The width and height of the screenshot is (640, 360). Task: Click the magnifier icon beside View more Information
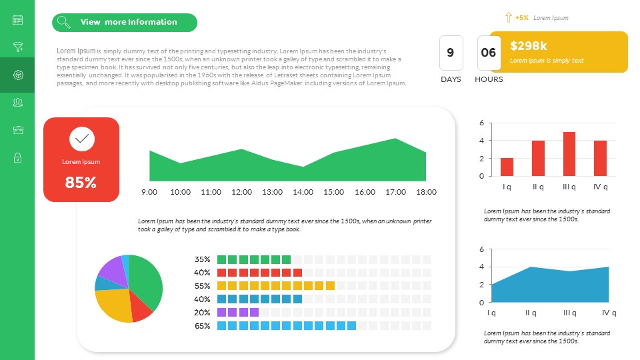tap(64, 23)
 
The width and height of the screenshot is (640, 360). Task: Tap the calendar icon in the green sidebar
tap(18, 20)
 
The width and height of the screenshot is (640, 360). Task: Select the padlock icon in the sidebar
tap(18, 157)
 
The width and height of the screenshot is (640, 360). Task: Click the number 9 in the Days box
tap(451, 53)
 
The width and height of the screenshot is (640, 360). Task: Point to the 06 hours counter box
tap(489, 53)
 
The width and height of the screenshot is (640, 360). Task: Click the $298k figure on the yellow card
tap(529, 46)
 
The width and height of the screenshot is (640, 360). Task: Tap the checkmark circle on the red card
tap(81, 139)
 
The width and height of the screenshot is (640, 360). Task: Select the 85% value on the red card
tap(81, 183)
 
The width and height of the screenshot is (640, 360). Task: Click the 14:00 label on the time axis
tap(303, 192)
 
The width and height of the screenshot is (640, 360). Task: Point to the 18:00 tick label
tap(426, 192)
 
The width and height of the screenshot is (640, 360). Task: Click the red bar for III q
tap(569, 154)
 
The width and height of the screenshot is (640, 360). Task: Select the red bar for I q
tap(507, 167)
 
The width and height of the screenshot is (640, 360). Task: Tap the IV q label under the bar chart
tap(600, 187)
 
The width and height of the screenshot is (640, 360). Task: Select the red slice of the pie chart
tap(141, 307)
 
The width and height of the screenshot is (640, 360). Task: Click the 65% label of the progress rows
tap(203, 326)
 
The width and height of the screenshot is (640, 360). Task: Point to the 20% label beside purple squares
tap(203, 313)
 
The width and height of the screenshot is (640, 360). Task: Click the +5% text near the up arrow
tap(522, 18)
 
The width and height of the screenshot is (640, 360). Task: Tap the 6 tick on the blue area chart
tap(481, 249)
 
